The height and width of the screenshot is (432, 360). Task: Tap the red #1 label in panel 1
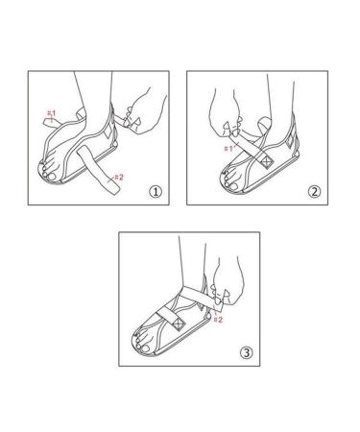tap(53, 114)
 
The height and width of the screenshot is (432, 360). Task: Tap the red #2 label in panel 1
tap(118, 177)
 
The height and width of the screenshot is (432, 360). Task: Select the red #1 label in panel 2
tap(228, 148)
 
